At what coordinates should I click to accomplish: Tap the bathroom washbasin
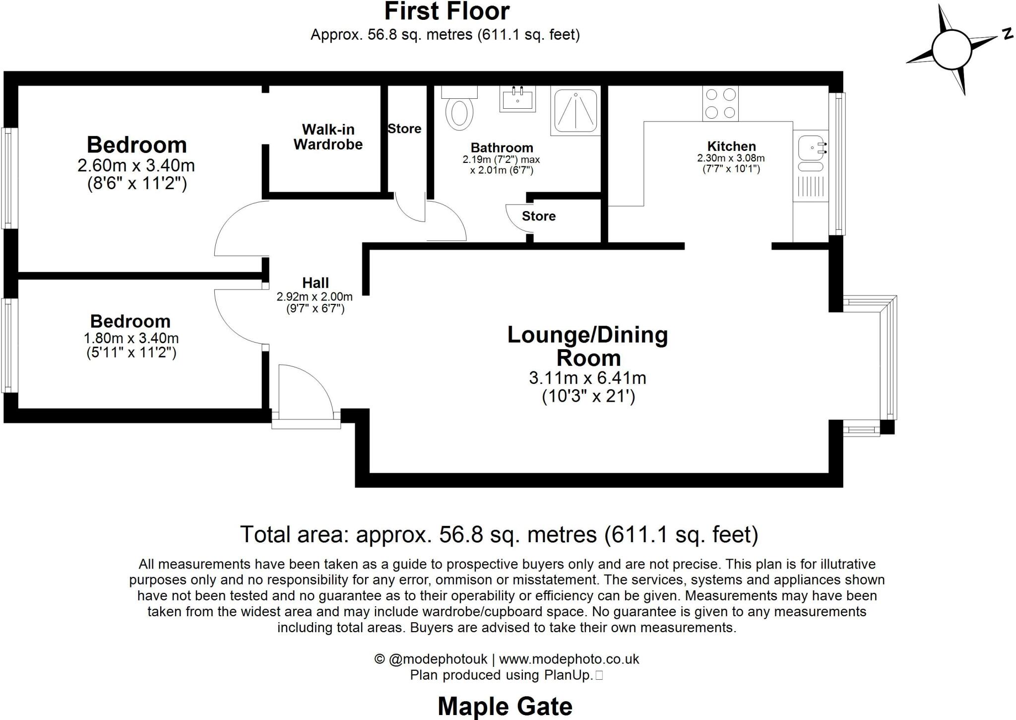[517, 99]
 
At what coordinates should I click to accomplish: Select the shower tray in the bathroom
[575, 112]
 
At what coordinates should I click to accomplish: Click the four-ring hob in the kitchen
[720, 103]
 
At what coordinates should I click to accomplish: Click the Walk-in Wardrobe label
[328, 137]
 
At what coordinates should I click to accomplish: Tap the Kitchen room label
[731, 146]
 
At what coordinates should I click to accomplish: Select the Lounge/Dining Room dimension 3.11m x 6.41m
[587, 378]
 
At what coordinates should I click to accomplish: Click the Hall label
[316, 283]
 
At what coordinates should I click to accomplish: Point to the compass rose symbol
[951, 50]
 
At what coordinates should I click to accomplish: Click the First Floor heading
[447, 11]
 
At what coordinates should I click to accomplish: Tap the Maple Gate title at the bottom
[505, 706]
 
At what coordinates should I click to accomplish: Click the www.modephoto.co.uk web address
[569, 659]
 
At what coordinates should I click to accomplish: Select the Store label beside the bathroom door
[538, 216]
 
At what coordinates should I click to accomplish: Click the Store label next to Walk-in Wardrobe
[404, 129]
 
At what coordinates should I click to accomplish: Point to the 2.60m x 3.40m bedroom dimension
[136, 165]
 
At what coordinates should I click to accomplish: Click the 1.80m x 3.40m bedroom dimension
[131, 339]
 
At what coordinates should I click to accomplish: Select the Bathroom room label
[502, 148]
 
